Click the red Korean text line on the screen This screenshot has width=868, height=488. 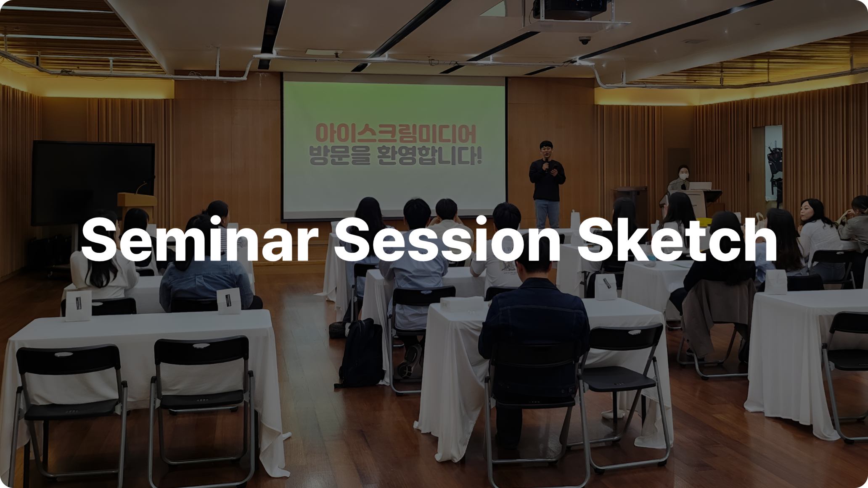coord(396,134)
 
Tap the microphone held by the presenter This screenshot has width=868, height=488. coord(546,165)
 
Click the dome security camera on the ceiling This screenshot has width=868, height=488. coord(585,40)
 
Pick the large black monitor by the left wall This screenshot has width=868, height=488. coord(93,183)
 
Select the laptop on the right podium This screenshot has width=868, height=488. coord(700,186)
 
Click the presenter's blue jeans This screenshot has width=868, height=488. coord(547,214)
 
